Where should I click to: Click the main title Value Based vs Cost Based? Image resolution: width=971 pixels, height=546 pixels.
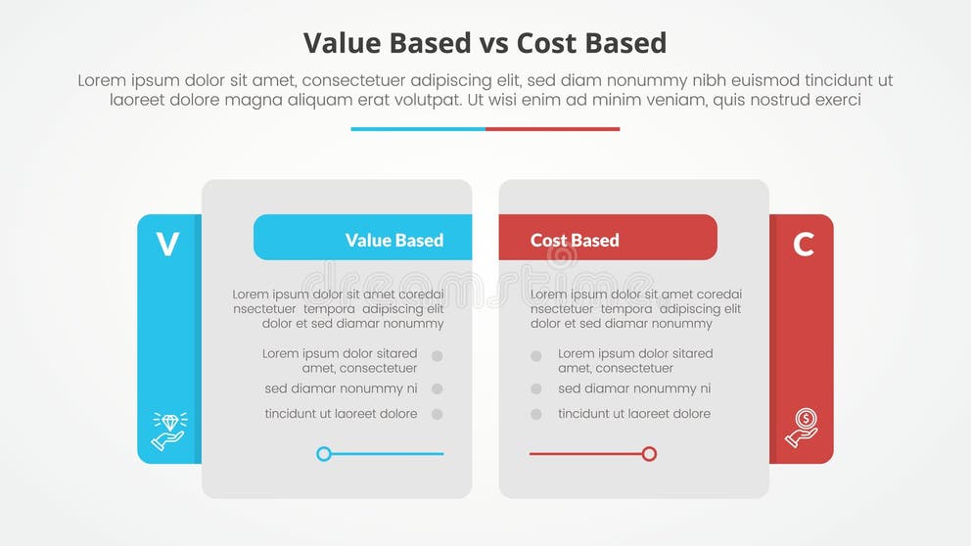(x=485, y=43)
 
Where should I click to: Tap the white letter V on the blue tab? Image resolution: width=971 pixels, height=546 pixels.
(x=167, y=244)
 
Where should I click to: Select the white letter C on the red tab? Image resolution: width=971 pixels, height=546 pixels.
(x=804, y=244)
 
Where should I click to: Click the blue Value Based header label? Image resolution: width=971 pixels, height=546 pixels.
(x=393, y=240)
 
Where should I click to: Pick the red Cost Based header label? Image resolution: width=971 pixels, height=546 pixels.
(x=575, y=240)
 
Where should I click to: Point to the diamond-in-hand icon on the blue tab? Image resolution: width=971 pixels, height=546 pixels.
(x=168, y=431)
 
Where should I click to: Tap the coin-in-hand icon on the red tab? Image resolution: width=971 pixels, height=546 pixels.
(x=802, y=428)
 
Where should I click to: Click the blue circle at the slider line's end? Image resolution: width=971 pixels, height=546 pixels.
(x=324, y=454)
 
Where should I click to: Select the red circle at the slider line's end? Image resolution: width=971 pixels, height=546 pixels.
(x=649, y=454)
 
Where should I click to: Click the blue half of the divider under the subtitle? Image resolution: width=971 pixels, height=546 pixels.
(x=418, y=128)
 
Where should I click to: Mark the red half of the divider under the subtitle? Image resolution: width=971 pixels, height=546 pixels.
(x=552, y=128)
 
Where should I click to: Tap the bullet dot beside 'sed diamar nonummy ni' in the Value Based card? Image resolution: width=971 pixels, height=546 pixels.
(x=437, y=388)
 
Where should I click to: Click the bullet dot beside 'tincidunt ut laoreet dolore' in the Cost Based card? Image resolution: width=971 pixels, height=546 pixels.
(x=536, y=414)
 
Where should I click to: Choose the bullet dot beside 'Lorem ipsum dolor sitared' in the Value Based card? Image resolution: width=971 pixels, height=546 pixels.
(x=437, y=357)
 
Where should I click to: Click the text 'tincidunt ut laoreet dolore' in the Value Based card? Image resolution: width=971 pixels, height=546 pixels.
(x=341, y=414)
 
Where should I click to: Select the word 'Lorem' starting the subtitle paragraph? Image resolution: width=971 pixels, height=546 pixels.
(x=102, y=80)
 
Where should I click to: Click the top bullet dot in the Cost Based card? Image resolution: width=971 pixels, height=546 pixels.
(x=536, y=357)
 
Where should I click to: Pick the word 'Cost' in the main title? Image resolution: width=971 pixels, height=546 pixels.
(x=551, y=43)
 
